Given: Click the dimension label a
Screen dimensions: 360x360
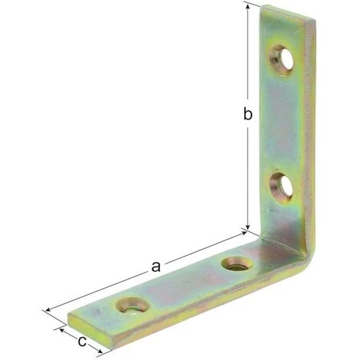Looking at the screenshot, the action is tap(155, 267).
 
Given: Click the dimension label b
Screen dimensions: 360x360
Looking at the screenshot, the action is tap(247, 113).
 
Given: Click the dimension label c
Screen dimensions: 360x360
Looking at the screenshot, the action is tap(82, 342).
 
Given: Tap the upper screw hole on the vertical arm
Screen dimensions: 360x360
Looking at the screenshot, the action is tap(282, 60).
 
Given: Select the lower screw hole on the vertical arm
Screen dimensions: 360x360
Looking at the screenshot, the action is tap(282, 188).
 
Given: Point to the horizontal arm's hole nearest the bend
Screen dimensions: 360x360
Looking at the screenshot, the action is tap(237, 265).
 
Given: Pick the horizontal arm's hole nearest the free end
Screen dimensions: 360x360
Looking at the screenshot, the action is tap(132, 306).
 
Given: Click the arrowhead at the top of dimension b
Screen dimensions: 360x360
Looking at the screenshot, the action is tap(247, 7).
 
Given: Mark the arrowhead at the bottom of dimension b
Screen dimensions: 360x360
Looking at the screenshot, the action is tap(247, 226).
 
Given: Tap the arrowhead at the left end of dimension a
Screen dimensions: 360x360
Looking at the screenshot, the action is tap(48, 310).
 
